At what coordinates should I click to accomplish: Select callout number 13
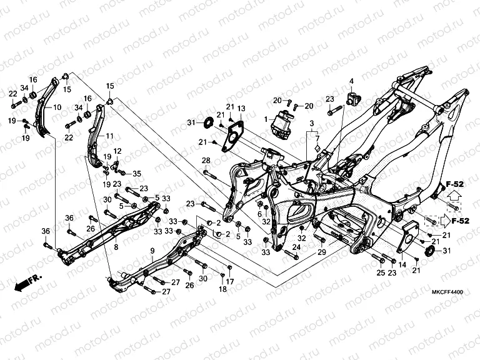tap(241, 109)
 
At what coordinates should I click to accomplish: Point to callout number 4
tap(351, 81)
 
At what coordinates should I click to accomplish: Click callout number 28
tap(206, 161)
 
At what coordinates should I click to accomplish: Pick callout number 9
tap(152, 251)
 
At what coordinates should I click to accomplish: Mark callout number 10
tap(57, 107)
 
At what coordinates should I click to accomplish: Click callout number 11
tap(109, 136)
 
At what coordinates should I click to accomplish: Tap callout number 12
tap(117, 151)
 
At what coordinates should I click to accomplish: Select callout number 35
tap(137, 174)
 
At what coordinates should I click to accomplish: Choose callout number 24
tap(296, 247)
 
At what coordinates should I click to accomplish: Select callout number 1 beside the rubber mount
tap(266, 119)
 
